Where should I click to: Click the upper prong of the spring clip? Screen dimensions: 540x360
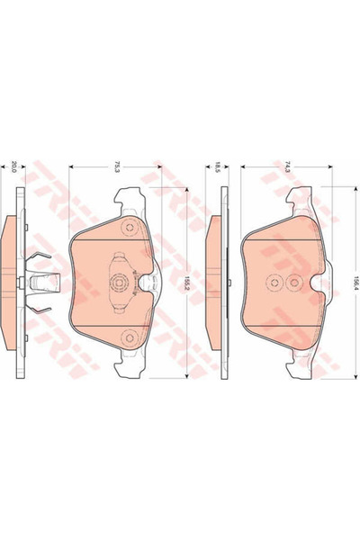(x=38, y=264)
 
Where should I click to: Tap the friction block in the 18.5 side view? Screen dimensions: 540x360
(x=212, y=282)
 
